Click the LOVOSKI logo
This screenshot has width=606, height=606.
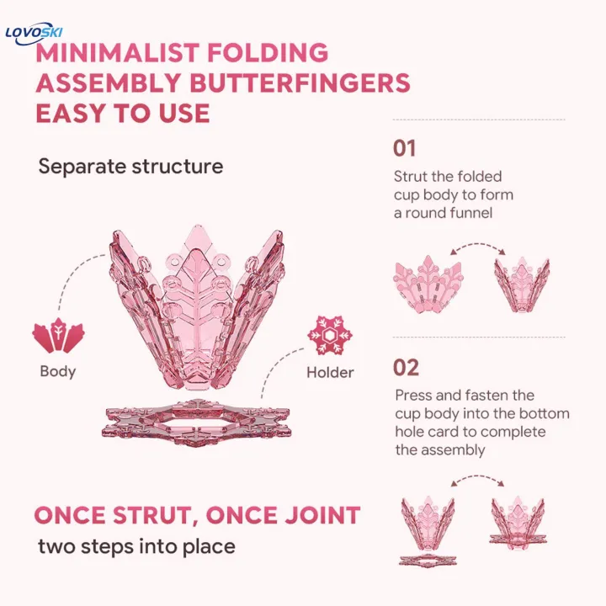coord(34,33)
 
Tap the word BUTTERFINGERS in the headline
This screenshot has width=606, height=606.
coord(300,82)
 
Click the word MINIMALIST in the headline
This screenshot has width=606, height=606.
coord(117,52)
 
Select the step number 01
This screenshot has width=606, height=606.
coord(404,148)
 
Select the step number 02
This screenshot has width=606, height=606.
coord(406,368)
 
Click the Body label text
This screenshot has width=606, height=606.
coord(58,371)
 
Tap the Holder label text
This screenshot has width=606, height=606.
coord(330,373)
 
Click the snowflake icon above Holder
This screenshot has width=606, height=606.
coord(330,336)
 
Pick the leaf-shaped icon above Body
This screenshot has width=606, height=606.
coord(58,335)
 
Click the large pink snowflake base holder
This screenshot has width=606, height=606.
coord(196,423)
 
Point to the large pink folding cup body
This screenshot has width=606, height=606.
coord(197,307)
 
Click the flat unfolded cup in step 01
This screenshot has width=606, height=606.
coord(428,284)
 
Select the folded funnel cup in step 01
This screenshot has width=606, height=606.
coord(522,284)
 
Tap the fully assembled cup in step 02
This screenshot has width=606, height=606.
coord(518,522)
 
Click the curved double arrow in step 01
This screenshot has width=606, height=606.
coord(478,245)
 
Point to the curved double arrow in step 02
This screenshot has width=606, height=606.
coord(478,477)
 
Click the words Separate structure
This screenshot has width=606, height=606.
coord(130,167)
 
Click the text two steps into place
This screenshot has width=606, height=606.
coord(137,547)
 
